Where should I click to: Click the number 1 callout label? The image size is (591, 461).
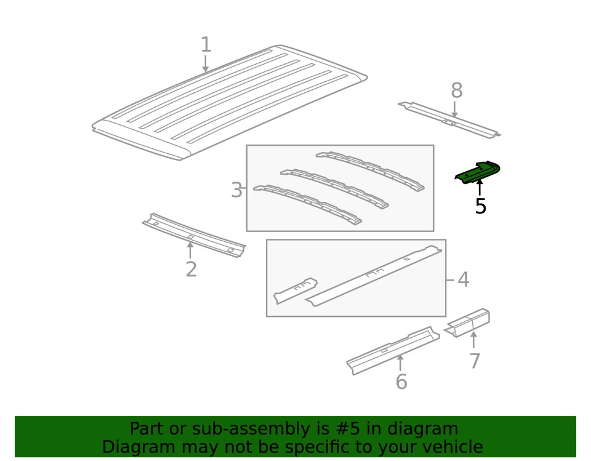[x=206, y=44]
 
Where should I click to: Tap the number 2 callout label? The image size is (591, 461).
[x=191, y=269]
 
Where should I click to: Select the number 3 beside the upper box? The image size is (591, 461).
[x=236, y=190]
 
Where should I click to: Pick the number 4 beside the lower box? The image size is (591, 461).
[x=463, y=279]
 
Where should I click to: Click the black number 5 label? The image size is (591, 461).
[x=480, y=207]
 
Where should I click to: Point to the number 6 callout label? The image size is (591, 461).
[x=401, y=382]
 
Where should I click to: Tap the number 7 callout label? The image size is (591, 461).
[x=474, y=361]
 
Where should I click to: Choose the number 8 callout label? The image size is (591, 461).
[x=456, y=91]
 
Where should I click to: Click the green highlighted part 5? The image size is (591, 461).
[x=477, y=172]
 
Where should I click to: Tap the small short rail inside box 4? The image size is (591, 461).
[x=295, y=290]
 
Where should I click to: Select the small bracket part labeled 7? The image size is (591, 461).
[x=469, y=323]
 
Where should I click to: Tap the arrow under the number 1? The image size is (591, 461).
[x=206, y=63]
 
